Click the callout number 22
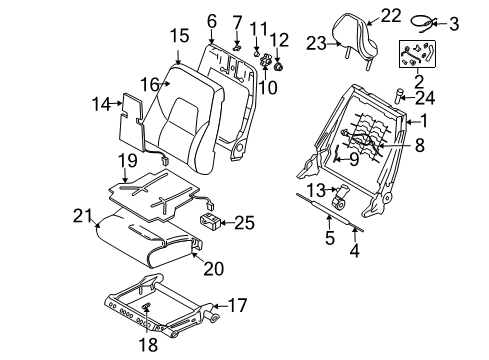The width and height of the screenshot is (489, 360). (391, 15)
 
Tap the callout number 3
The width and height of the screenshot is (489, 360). (454, 24)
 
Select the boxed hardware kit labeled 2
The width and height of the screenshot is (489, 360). (417, 54)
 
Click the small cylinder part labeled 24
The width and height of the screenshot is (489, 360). (398, 96)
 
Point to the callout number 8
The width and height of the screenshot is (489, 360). (420, 145)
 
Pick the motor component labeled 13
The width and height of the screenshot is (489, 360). (341, 197)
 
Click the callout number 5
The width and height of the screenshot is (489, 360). (330, 238)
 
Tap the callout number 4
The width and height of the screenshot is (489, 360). (355, 251)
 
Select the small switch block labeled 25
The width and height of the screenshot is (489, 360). (210, 221)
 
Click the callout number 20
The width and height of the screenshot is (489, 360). (214, 268)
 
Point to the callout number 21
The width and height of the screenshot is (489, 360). (82, 216)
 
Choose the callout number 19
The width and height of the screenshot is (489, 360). (128, 161)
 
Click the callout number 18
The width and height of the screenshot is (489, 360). (148, 345)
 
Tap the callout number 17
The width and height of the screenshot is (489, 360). (237, 305)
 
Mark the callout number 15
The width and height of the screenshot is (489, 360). (180, 36)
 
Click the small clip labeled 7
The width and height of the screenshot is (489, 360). (237, 48)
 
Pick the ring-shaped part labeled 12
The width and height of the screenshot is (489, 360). (278, 67)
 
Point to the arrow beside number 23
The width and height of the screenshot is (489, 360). (334, 43)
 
